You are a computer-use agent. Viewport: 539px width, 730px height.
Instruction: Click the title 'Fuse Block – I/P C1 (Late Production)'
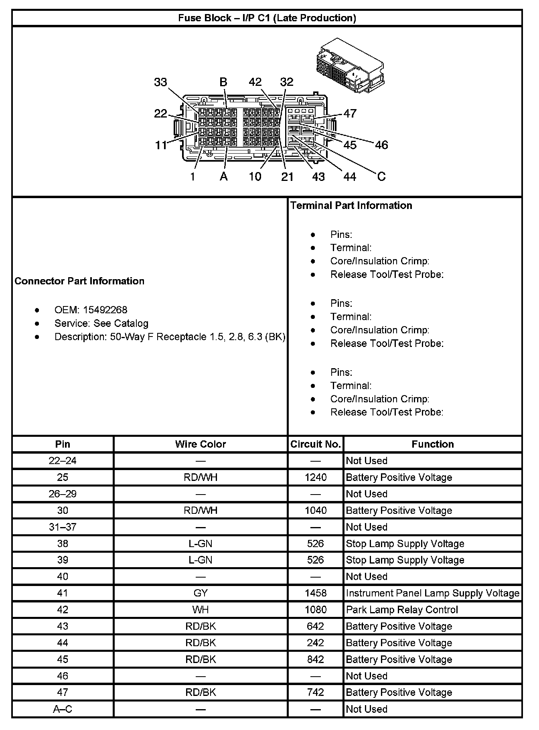pos(267,18)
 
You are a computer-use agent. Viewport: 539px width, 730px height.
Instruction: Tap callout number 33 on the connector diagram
pos(160,82)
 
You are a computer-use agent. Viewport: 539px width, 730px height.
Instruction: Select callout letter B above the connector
pos(223,82)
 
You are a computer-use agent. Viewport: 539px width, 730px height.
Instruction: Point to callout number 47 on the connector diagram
pos(350,114)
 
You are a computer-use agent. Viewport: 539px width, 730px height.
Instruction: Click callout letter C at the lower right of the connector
pos(381,176)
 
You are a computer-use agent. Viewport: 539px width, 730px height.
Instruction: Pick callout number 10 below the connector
pos(255,176)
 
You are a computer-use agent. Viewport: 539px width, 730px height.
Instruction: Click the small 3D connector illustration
pos(349,66)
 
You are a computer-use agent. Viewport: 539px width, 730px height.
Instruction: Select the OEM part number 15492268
pos(105,310)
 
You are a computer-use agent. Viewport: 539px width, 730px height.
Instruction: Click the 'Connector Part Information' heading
pos(79,281)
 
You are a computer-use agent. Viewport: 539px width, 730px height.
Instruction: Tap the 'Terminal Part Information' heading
pos(351,205)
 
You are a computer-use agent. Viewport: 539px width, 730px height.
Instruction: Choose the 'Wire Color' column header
pos(201,444)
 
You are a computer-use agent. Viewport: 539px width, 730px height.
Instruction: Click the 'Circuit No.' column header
pos(316,444)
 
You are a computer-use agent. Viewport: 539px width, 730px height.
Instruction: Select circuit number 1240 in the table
pos(316,477)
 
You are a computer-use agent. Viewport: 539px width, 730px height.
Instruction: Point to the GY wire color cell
pos(201,593)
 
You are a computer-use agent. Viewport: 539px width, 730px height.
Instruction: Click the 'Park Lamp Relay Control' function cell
pos(402,610)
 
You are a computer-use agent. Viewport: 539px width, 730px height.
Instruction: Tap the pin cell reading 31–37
pos(63,527)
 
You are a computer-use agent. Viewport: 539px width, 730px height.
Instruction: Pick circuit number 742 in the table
pos(316,692)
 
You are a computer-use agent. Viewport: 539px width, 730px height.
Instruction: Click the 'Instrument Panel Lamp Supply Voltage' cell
pos(432,593)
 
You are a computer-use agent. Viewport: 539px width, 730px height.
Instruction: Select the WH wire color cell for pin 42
pos(201,610)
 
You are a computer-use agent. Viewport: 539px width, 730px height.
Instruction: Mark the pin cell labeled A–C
pos(63,709)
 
